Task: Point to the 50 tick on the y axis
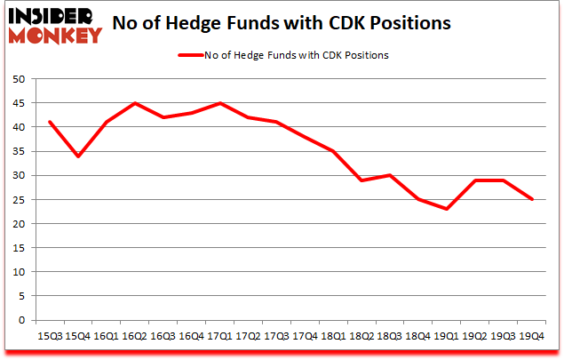click(x=17, y=79)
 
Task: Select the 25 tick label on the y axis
click(x=17, y=200)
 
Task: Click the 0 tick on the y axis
click(x=20, y=320)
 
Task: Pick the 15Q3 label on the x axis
click(x=50, y=336)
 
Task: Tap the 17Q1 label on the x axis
click(x=219, y=336)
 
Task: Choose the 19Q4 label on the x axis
click(x=531, y=336)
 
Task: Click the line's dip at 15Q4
click(x=78, y=156)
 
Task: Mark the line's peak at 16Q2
click(x=135, y=103)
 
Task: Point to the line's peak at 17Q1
click(x=219, y=103)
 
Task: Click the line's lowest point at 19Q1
click(x=446, y=209)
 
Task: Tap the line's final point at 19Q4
click(x=531, y=199)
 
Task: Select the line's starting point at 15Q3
click(x=50, y=122)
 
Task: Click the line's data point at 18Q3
click(x=389, y=175)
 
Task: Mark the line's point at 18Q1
click(x=333, y=151)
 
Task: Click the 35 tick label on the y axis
click(x=17, y=151)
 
